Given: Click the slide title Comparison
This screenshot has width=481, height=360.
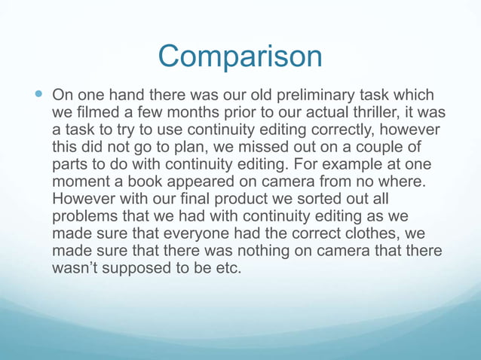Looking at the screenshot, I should [x=240, y=56].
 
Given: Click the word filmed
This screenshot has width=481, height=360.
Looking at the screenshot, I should [x=96, y=114].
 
